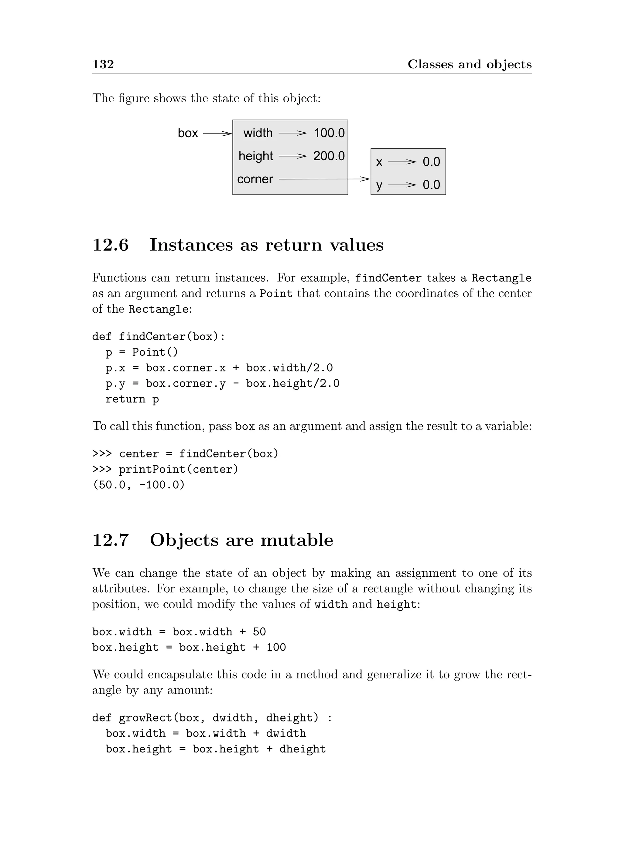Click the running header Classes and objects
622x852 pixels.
click(x=470, y=64)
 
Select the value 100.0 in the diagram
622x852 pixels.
click(x=329, y=133)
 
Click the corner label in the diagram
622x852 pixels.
click(x=255, y=179)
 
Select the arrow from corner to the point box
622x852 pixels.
click(x=324, y=179)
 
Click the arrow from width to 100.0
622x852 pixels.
click(x=293, y=133)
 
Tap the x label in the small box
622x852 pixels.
click(x=379, y=162)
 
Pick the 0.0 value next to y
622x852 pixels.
click(x=431, y=185)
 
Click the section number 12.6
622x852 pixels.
click(x=110, y=245)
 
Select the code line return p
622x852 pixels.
click(x=132, y=399)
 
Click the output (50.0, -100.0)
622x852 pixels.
click(x=138, y=485)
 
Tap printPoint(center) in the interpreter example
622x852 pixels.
click(x=179, y=469)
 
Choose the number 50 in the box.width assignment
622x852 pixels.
click(x=259, y=632)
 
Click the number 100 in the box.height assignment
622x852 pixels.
click(x=276, y=648)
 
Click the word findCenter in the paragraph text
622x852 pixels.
click(x=388, y=278)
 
